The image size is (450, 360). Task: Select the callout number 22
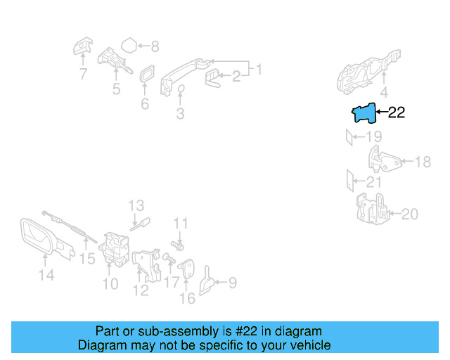[397, 112]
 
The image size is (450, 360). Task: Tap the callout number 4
[383, 92]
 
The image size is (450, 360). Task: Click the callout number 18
[422, 162]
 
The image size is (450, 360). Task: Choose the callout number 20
[409, 213]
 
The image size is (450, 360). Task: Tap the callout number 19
[373, 136]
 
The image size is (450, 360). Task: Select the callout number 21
[373, 182]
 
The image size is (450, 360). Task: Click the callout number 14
[46, 276]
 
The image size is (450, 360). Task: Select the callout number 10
[110, 284]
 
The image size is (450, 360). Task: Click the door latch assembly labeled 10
[112, 249]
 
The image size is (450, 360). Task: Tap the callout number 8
[155, 47]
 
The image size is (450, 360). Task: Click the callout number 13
[136, 205]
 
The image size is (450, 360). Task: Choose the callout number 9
[231, 283]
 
